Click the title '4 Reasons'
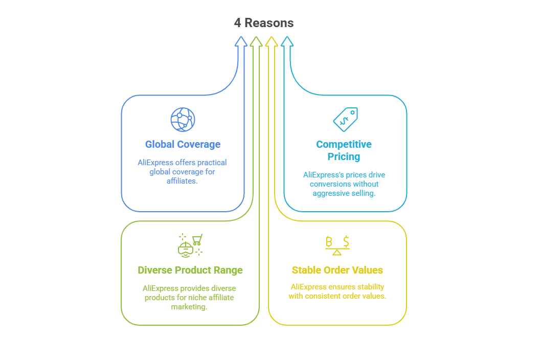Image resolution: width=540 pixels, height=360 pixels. (x=264, y=23)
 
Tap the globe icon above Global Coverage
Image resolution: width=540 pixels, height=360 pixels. (x=183, y=120)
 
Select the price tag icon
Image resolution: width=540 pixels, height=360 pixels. (x=345, y=120)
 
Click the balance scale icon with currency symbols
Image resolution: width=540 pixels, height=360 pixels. (x=337, y=245)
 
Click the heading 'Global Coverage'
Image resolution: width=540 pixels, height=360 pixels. (x=183, y=144)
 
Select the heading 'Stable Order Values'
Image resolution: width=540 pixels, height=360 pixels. (x=337, y=270)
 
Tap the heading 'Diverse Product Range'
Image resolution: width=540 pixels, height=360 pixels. (x=190, y=270)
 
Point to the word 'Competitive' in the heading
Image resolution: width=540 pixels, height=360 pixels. (x=344, y=144)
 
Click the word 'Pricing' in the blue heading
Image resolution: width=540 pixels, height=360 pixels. (x=344, y=156)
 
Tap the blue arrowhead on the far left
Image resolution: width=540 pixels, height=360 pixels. (x=241, y=41)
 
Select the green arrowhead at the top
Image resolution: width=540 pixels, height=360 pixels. (x=256, y=41)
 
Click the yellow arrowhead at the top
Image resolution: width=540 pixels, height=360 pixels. (x=272, y=41)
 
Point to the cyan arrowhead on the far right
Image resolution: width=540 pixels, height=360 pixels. (x=287, y=41)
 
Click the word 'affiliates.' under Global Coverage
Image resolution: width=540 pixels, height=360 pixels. (x=182, y=181)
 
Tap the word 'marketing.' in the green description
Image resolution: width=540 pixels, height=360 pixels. (x=189, y=307)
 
